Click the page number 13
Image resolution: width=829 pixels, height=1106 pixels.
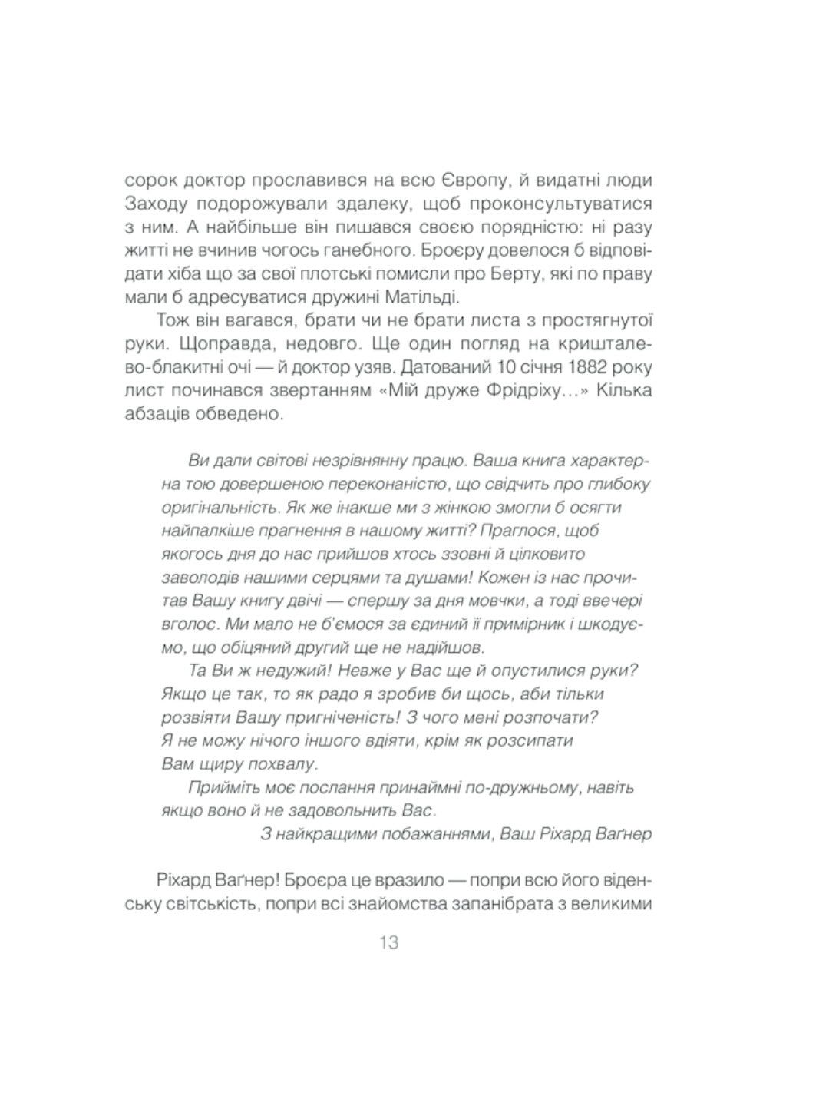pos(388,942)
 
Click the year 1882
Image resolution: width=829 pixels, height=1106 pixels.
pos(572,366)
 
